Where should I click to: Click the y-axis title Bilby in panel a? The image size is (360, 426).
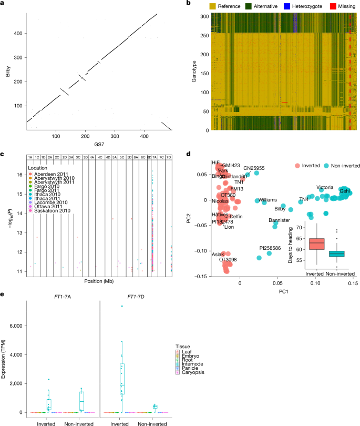(8, 75)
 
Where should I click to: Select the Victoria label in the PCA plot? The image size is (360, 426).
(325, 187)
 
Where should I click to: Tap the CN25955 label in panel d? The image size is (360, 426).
(254, 168)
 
